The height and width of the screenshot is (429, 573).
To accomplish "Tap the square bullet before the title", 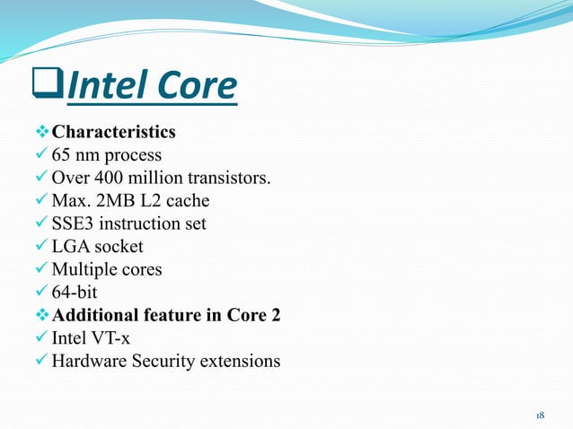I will click(47, 88).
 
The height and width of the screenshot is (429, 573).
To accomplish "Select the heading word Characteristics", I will click(113, 133).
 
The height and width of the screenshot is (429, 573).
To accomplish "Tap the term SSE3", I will click(73, 223).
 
